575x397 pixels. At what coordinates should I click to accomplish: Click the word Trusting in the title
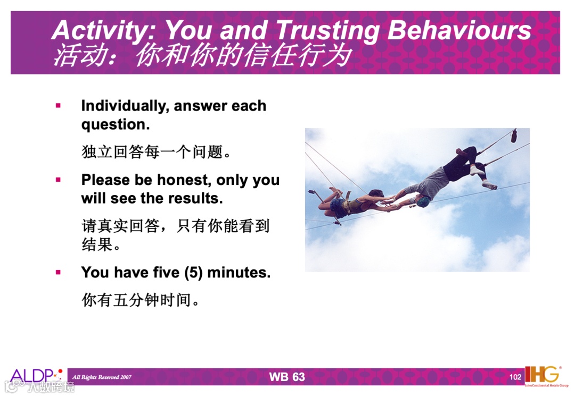[x=327, y=30]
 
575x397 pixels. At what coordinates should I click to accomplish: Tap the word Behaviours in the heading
[x=459, y=29]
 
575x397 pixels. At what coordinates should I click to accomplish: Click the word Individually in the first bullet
[x=125, y=106]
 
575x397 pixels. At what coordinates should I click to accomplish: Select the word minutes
[x=239, y=273]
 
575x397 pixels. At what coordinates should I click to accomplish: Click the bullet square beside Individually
[x=58, y=106]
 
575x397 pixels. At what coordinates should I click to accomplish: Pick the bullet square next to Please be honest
[x=58, y=180]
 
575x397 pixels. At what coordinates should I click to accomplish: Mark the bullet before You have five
[x=58, y=272]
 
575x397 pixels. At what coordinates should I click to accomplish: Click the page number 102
[x=515, y=377]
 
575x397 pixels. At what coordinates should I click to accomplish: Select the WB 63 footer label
[x=287, y=377]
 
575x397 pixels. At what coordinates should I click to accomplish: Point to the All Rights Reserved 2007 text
[x=102, y=377]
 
